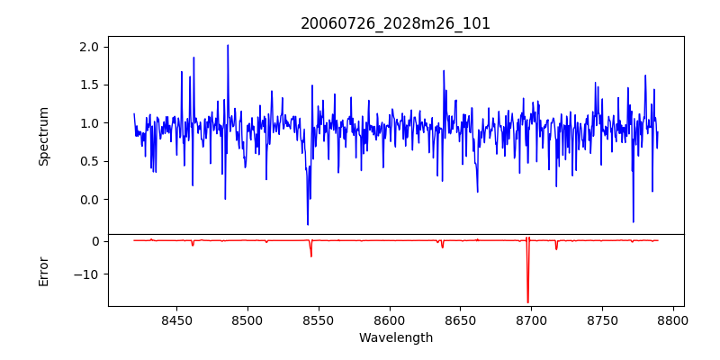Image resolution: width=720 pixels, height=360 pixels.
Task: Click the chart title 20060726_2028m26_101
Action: (395, 23)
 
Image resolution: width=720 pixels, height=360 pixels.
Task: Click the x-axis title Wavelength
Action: (395, 337)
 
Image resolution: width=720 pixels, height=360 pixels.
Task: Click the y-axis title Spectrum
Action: (44, 136)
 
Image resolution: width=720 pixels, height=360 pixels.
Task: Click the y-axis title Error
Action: (44, 271)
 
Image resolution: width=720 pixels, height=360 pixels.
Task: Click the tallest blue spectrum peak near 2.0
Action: (228, 45)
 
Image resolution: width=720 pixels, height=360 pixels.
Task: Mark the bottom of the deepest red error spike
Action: (527, 302)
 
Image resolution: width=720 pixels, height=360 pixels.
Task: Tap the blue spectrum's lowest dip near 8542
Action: (308, 224)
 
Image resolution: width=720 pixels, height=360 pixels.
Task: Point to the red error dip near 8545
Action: (311, 256)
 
